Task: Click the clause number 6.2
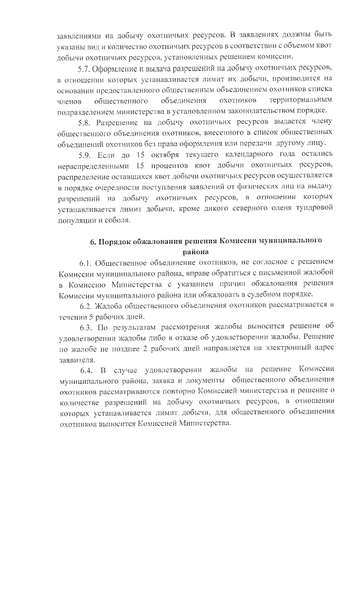85,306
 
